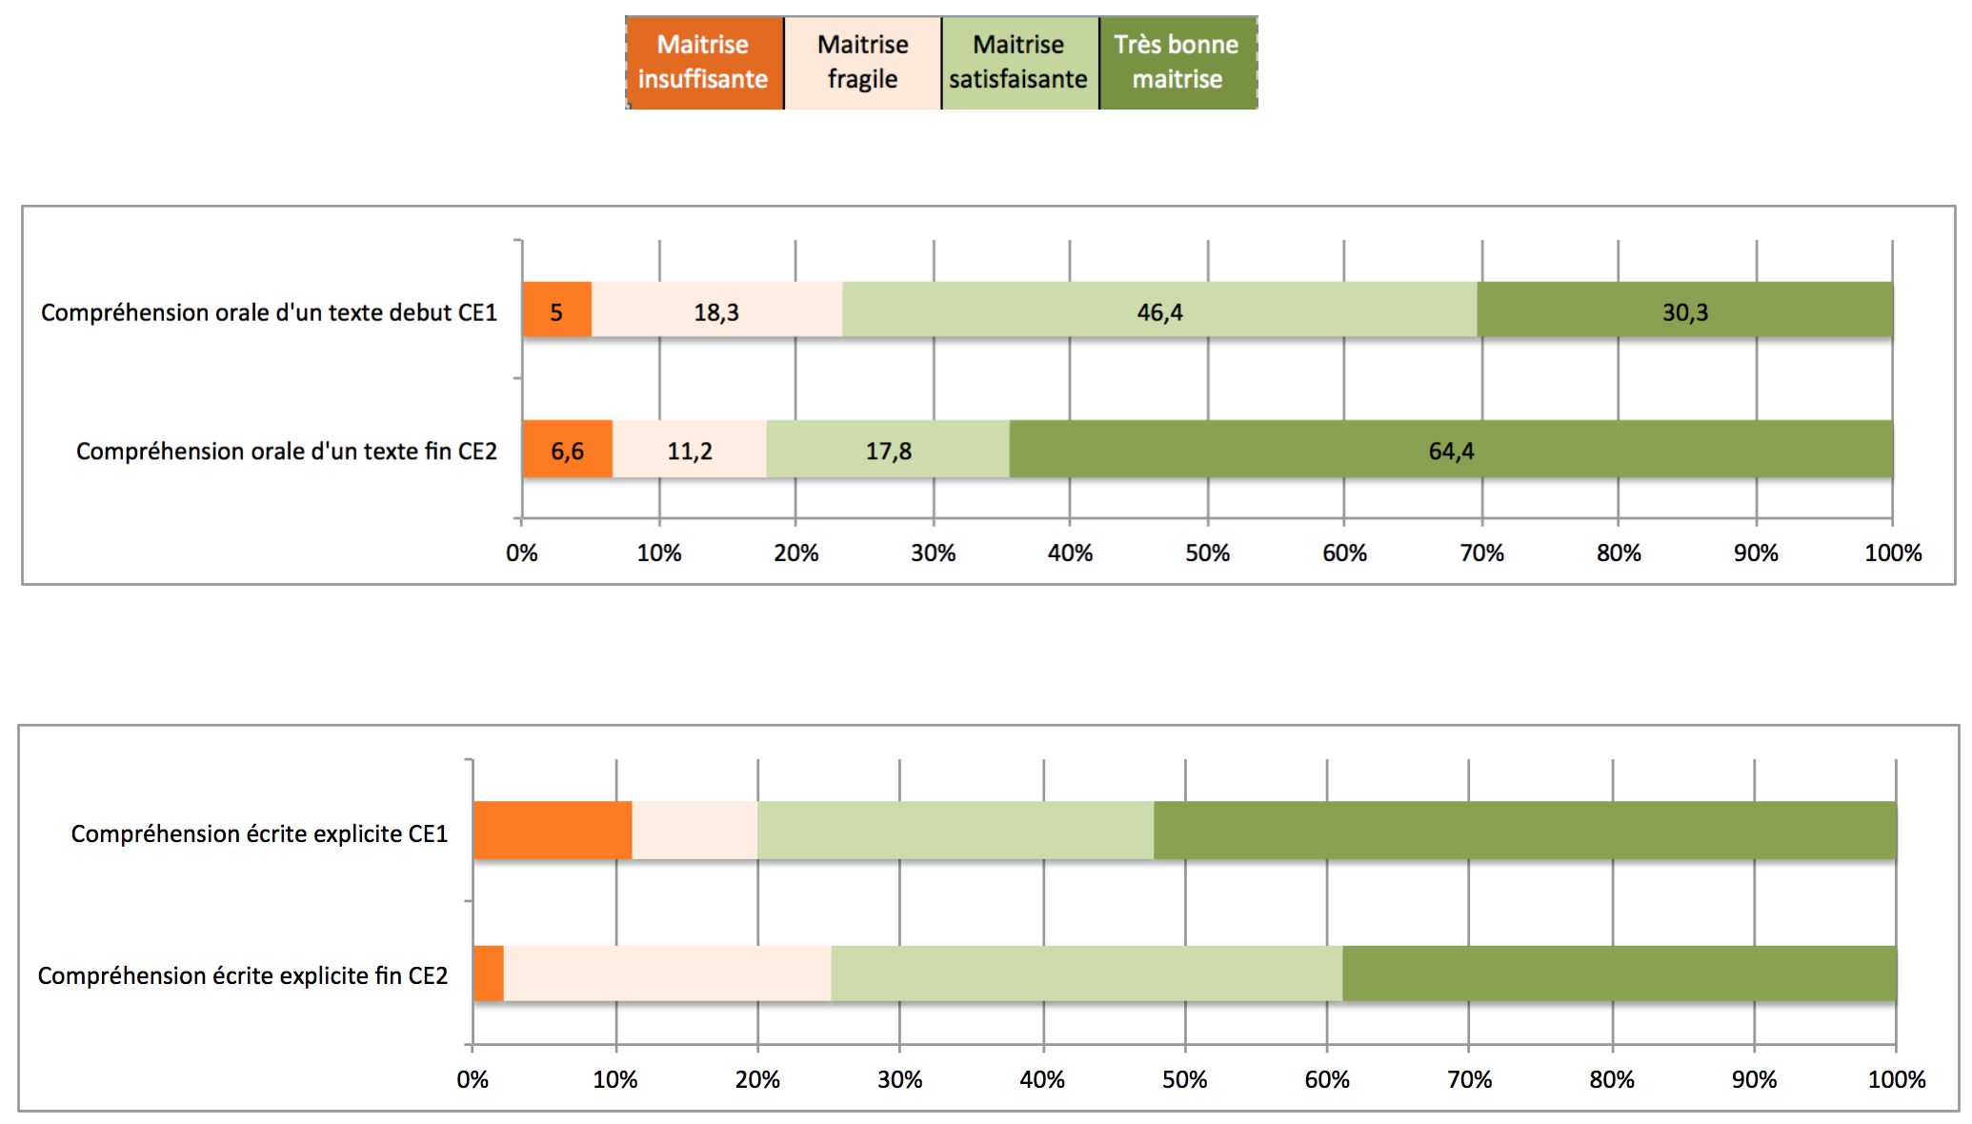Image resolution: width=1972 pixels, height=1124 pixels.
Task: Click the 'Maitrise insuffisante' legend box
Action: click(x=704, y=63)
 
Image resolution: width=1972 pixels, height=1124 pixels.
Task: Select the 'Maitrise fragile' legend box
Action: click(x=862, y=63)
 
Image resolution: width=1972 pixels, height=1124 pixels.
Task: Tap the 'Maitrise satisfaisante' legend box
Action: click(x=1019, y=63)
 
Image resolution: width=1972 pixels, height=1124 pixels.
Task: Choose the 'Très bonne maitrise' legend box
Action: click(x=1177, y=63)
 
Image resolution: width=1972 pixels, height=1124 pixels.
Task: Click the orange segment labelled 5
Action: click(x=557, y=311)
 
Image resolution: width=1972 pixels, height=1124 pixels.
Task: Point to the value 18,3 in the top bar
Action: click(x=716, y=312)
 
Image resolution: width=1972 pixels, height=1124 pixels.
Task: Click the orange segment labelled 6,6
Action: click(x=568, y=450)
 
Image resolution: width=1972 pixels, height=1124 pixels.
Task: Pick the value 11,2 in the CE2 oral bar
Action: click(x=690, y=451)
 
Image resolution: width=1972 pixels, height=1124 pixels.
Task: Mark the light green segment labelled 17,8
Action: click(x=888, y=451)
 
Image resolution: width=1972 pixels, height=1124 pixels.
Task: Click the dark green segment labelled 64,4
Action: click(x=1451, y=451)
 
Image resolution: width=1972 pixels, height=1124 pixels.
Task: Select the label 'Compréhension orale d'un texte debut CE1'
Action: click(x=269, y=312)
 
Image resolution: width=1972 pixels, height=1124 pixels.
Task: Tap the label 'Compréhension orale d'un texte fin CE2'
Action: click(x=286, y=451)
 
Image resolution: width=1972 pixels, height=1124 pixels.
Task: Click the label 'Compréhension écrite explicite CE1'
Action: click(x=259, y=833)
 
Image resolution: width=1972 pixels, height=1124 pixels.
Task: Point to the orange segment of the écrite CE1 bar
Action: click(x=553, y=831)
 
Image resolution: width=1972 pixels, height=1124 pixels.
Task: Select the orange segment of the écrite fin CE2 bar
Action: click(x=489, y=973)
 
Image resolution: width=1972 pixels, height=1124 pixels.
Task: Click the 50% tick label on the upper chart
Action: click(x=1207, y=552)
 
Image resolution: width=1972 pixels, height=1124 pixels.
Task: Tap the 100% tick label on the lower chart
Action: click(x=1896, y=1079)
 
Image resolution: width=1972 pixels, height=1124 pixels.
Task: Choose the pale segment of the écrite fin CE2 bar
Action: click(x=667, y=973)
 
